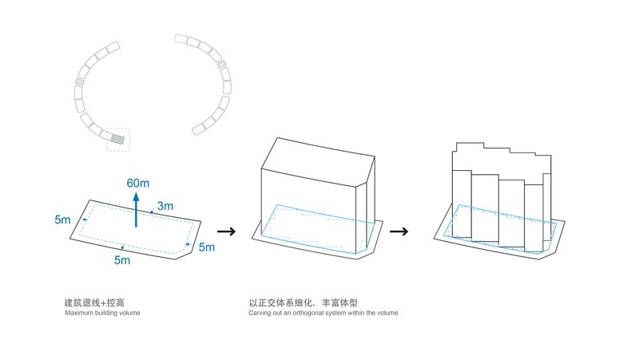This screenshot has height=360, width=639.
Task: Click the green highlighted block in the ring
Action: point(118,140)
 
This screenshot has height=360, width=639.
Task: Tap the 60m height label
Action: point(137,183)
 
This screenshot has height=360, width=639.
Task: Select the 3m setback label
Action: point(165,205)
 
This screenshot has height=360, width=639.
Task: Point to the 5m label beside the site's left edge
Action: point(62,219)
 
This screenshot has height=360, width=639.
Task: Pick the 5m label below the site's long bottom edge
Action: point(122,260)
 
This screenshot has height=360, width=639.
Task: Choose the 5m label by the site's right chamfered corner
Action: point(206,247)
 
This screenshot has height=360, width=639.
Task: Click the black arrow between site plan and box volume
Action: point(227,232)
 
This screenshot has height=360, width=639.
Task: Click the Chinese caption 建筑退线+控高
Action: point(93,303)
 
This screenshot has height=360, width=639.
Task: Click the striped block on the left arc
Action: point(80,82)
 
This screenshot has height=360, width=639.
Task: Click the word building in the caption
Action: point(108,313)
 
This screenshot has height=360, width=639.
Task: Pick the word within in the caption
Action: point(359,313)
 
